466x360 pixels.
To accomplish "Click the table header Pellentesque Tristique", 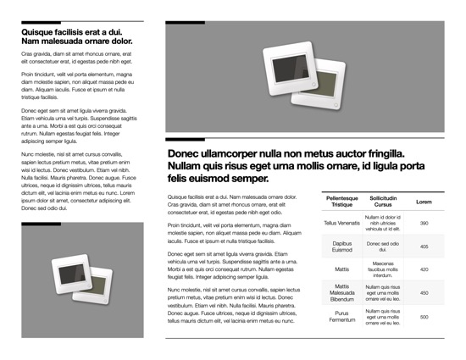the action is (342, 202).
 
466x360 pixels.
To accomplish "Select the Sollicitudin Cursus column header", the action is (383, 202).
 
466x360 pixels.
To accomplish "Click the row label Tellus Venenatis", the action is (342, 223).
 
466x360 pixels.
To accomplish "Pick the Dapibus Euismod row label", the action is (342, 246).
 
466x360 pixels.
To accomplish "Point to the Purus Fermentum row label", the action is (342, 317).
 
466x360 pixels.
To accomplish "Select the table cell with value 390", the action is (424, 223).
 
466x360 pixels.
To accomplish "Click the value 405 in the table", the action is (424, 246).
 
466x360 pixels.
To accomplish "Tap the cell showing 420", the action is (424, 269).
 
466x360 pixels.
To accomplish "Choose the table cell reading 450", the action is (424, 293).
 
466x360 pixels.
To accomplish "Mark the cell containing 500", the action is (424, 317).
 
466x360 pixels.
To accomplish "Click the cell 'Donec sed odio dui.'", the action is (383, 246).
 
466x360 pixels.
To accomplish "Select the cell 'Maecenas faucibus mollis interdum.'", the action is (383, 269).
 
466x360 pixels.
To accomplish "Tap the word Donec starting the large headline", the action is (188, 154).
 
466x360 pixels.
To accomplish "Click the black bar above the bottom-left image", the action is (41, 224).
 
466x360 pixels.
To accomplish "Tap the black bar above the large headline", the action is (186, 138).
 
